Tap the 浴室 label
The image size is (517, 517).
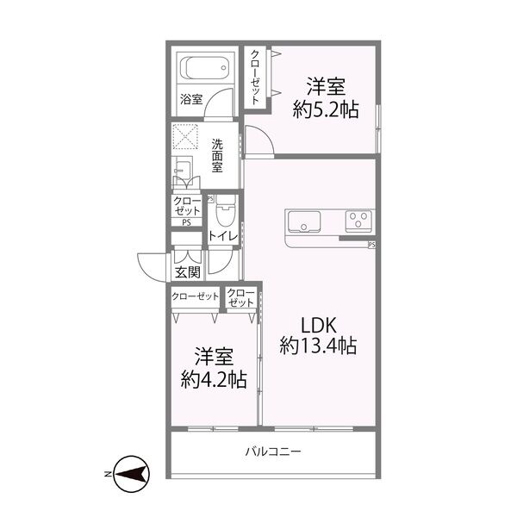pos(191,99)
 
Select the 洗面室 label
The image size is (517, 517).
pos(217,156)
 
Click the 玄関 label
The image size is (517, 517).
pos(186,272)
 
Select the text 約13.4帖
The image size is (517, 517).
pos(319,346)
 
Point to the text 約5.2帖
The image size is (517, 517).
pos(326,109)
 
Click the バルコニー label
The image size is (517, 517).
pos(272,451)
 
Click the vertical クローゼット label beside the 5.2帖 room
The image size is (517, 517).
pos(256,77)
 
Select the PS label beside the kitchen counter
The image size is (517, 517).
pos(371,245)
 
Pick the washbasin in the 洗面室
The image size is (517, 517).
pos(183,172)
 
